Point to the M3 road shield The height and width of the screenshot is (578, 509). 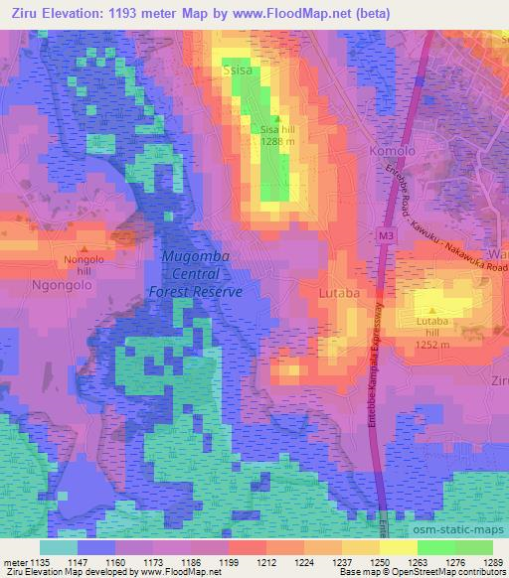pyautogui.click(x=387, y=236)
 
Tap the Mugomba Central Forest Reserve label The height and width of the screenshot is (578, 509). pyautogui.click(x=195, y=274)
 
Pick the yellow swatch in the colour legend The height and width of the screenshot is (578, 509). pyautogui.click(x=398, y=546)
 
